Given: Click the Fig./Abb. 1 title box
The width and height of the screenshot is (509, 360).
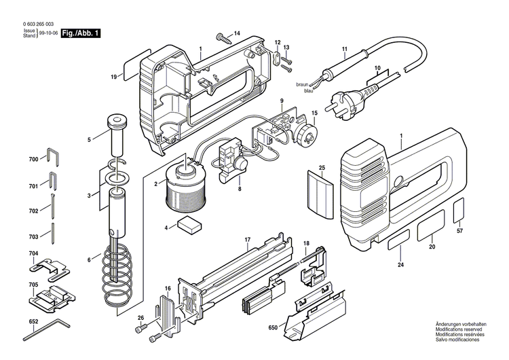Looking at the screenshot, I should click(x=80, y=33).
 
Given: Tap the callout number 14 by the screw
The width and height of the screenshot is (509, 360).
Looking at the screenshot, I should click(x=237, y=33).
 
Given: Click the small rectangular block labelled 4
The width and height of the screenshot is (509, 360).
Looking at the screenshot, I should click(x=189, y=226).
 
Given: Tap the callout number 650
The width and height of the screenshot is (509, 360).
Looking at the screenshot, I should click(x=273, y=327).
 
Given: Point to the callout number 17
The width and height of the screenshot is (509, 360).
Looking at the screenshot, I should click(x=248, y=239).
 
